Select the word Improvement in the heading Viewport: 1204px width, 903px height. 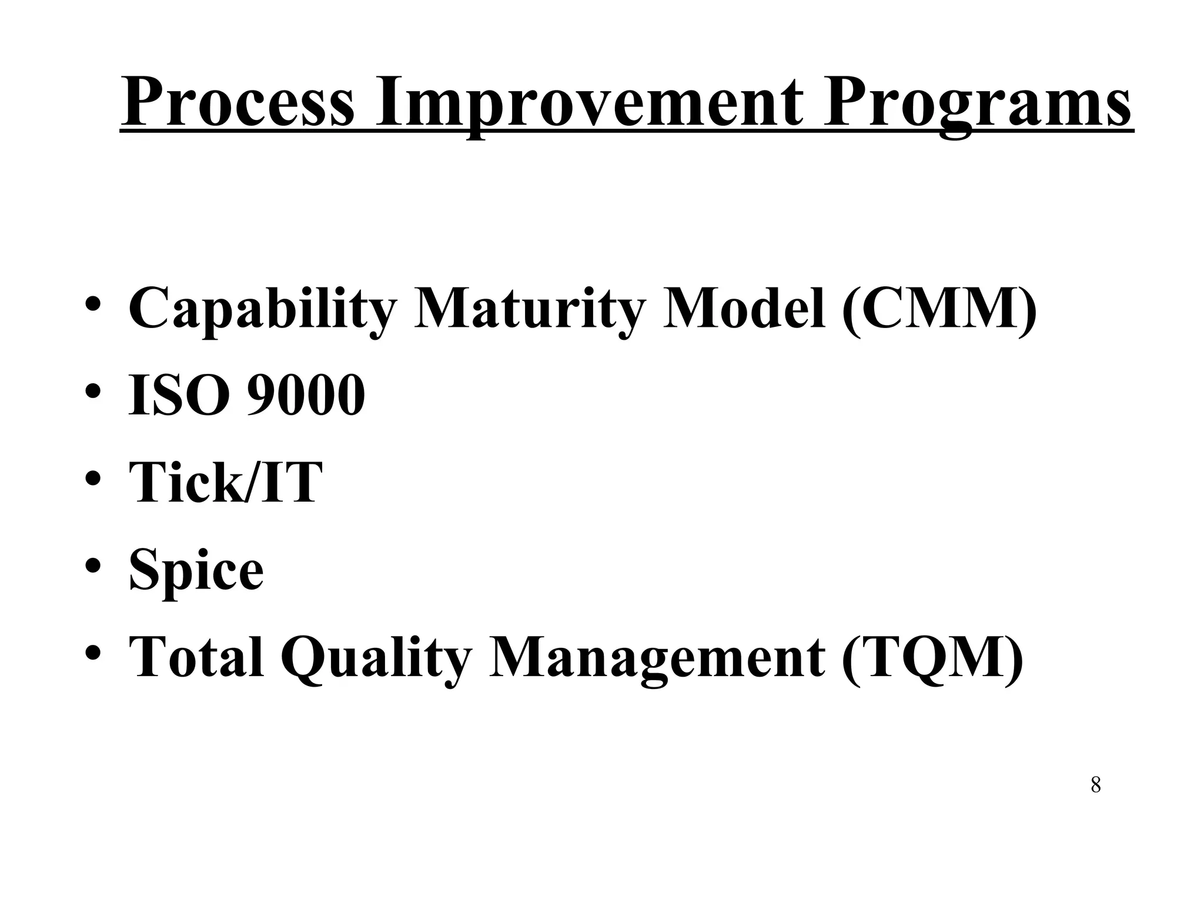(x=588, y=103)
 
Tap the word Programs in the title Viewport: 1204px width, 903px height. (x=976, y=103)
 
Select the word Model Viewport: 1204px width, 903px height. (x=743, y=308)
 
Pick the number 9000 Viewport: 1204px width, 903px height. (x=306, y=395)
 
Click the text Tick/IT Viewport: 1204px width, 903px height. (x=226, y=482)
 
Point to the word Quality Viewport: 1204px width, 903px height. (x=376, y=658)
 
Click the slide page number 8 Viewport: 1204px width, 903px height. (x=1095, y=785)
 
